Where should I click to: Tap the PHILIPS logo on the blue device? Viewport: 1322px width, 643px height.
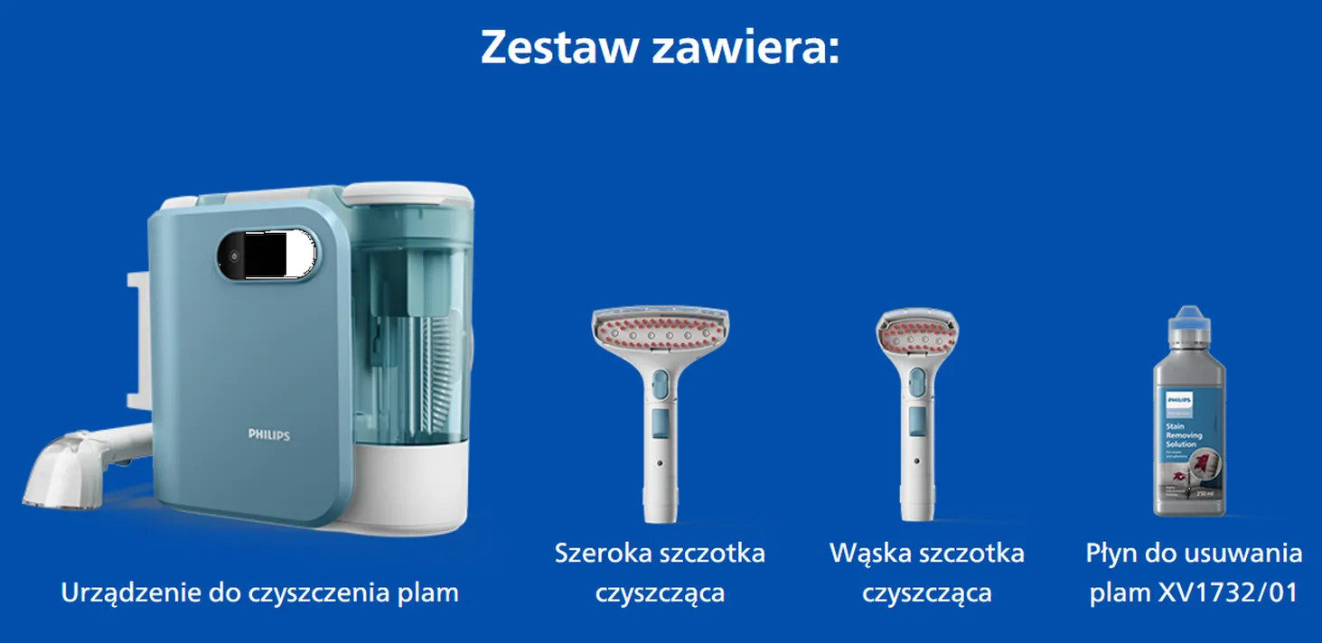click(x=269, y=434)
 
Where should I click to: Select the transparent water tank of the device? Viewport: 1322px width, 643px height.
click(x=411, y=325)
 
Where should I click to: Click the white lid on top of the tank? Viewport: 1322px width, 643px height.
click(x=408, y=192)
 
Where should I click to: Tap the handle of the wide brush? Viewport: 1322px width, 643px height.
click(x=660, y=452)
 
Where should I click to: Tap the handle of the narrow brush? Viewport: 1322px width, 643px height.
click(x=916, y=452)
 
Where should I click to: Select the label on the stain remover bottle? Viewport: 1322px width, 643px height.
click(x=1189, y=443)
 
